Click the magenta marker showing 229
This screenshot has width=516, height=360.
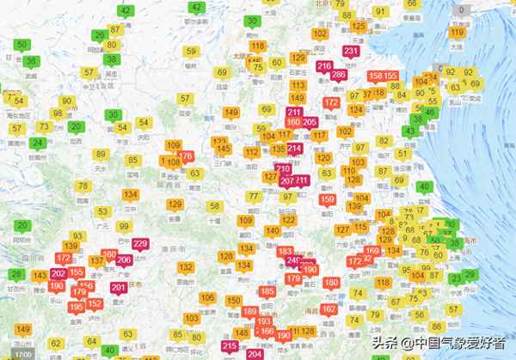coord(141,244)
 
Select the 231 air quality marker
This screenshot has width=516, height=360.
coord(351,52)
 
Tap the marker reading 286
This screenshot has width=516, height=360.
coord(337,74)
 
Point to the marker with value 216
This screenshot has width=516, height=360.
coord(324,66)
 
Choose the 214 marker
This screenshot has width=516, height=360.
coord(294,149)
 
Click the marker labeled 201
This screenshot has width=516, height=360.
coord(119,288)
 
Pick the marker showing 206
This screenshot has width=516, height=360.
coord(124,260)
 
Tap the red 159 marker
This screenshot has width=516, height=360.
coord(327,200)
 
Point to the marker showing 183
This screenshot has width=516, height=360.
coord(286,251)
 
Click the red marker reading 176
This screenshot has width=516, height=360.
coord(185,155)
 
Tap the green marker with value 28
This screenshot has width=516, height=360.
coord(16,274)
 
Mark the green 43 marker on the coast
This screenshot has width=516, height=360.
coord(410,131)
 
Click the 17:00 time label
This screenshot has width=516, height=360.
coord(24,354)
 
